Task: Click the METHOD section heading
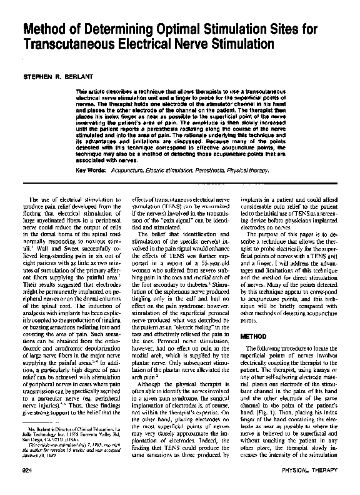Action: (254, 336)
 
